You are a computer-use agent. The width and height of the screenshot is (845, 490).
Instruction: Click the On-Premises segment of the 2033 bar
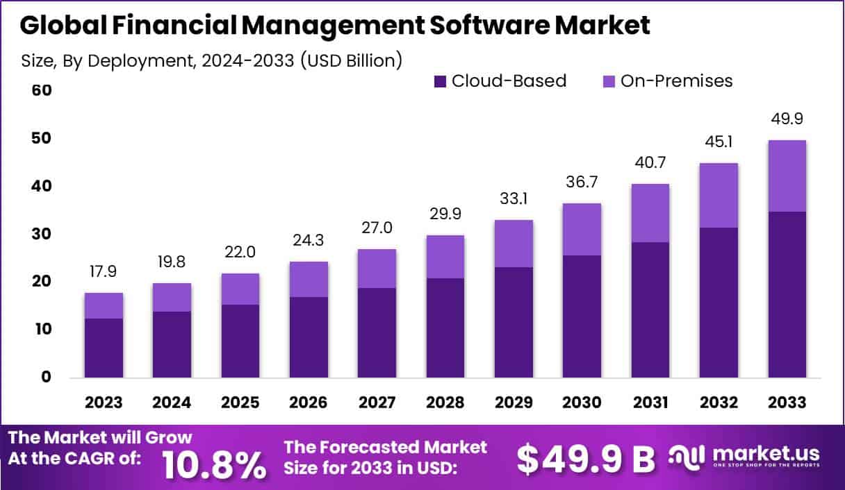click(787, 176)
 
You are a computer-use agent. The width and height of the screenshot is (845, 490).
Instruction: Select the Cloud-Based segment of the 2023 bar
click(104, 348)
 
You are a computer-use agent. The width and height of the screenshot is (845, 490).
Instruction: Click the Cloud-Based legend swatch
click(439, 81)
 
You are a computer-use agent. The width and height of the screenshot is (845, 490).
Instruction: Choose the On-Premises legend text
click(676, 81)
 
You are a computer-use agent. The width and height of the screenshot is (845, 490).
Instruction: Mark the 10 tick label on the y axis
click(42, 329)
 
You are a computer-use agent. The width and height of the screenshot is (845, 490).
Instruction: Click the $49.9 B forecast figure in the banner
click(586, 459)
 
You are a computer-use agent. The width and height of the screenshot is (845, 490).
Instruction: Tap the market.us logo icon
click(687, 456)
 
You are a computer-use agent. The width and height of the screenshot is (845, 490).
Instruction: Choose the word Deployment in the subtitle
click(148, 60)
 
